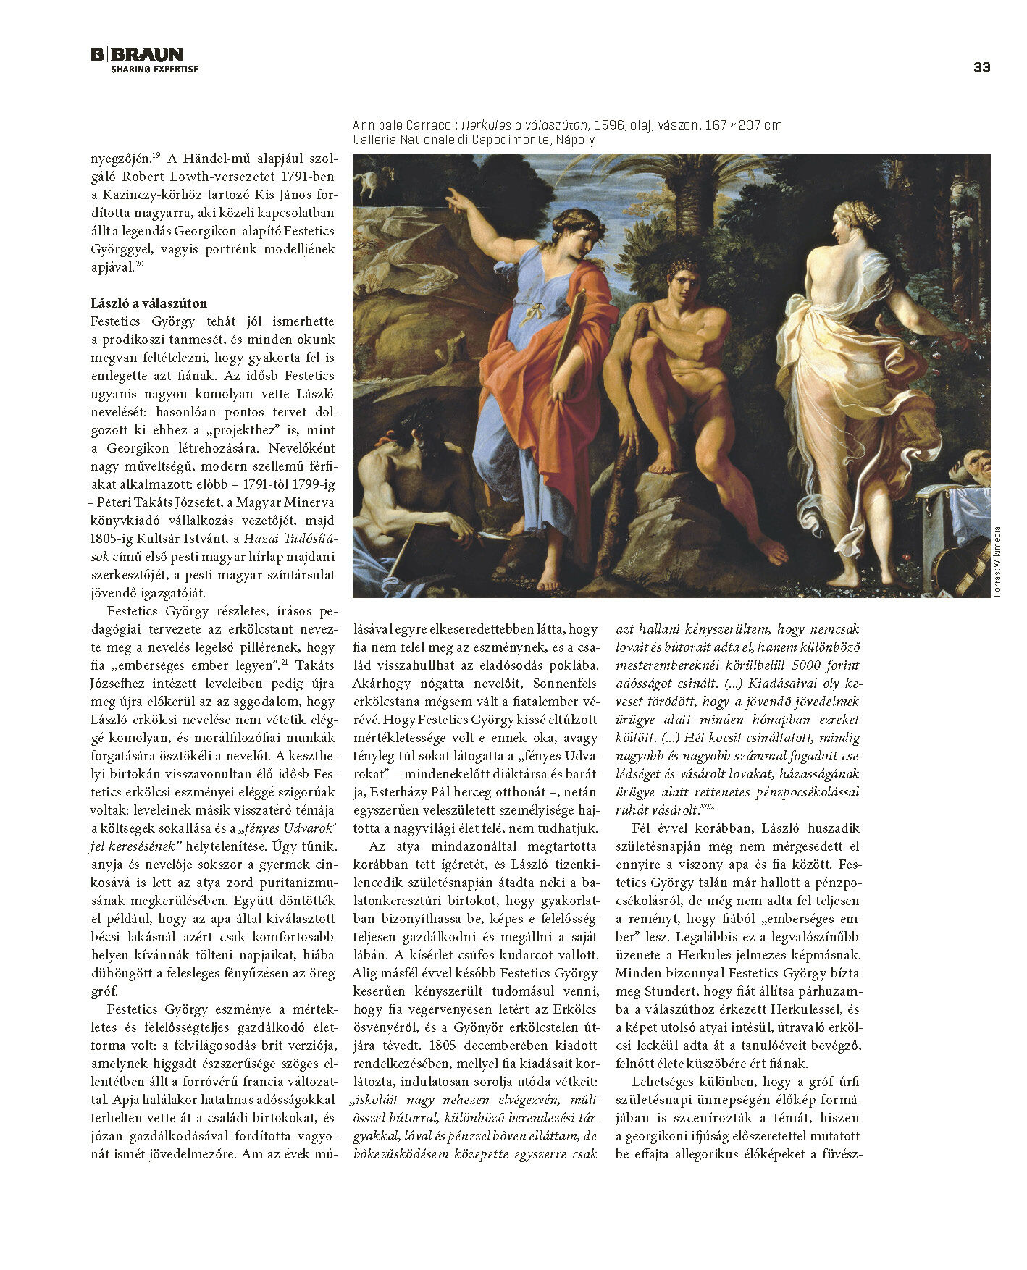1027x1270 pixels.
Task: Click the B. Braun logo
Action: pos(137,54)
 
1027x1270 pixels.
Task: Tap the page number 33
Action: pos(981,67)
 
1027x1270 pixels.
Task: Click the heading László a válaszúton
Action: pos(148,303)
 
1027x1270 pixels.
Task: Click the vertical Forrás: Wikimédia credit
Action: pos(997,561)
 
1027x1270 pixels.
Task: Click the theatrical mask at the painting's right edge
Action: pos(970,464)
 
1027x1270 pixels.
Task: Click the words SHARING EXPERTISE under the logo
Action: pos(154,70)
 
